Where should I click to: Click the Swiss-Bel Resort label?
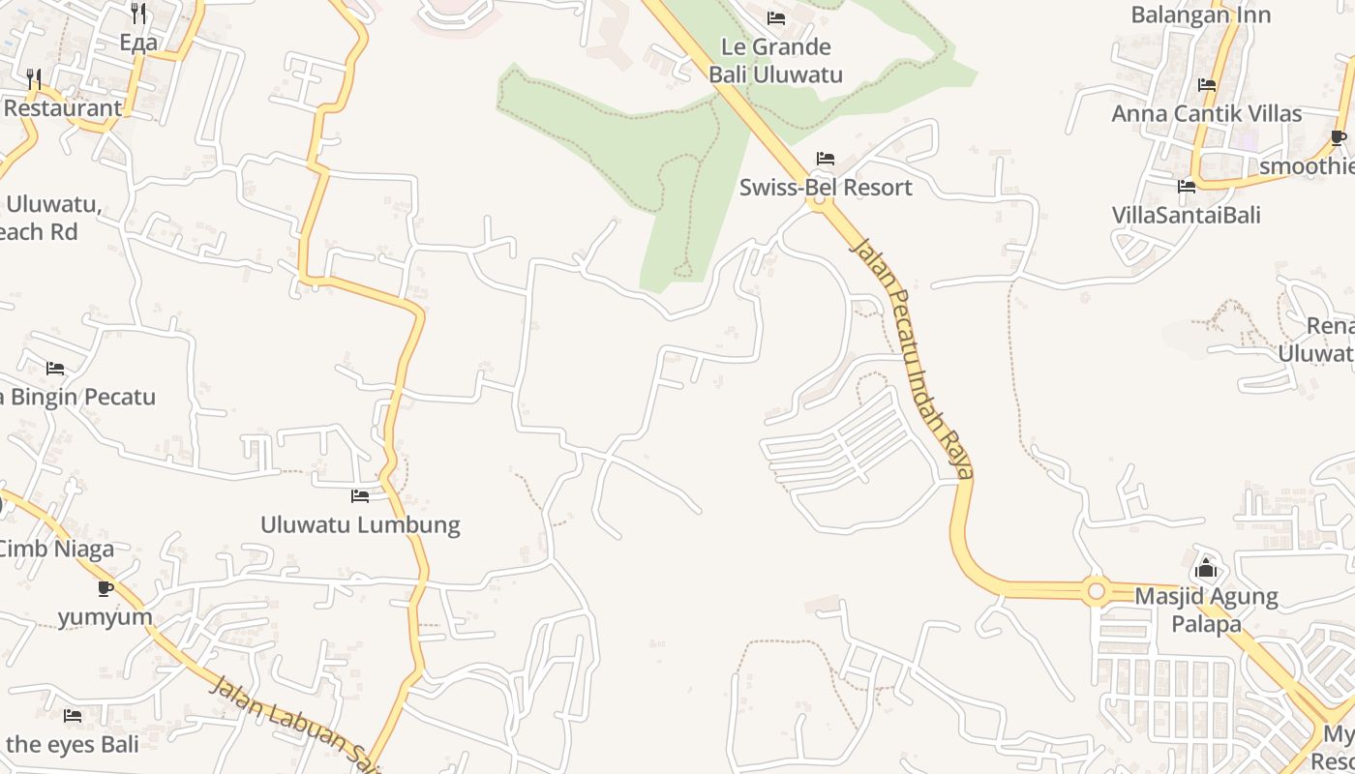tap(826, 188)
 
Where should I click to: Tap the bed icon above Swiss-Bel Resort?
tap(826, 159)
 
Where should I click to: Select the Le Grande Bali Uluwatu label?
tap(775, 61)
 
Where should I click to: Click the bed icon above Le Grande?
tap(775, 18)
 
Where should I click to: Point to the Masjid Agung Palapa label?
tap(1206, 610)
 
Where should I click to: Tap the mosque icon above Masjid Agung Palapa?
tap(1206, 568)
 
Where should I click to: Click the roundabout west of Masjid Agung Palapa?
tap(1096, 590)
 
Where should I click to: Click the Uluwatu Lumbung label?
tap(360, 525)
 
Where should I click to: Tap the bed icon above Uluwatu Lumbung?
tap(360, 496)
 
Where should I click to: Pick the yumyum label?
tap(105, 617)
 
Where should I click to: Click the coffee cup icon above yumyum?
tap(105, 588)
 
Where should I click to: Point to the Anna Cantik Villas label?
tap(1206, 114)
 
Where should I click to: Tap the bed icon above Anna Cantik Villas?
tap(1206, 85)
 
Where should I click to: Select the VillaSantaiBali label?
tap(1186, 215)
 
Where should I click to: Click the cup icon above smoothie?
tap(1339, 138)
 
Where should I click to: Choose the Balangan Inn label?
tap(1200, 15)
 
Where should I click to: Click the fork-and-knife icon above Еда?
tap(138, 14)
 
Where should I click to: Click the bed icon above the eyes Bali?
tap(73, 716)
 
